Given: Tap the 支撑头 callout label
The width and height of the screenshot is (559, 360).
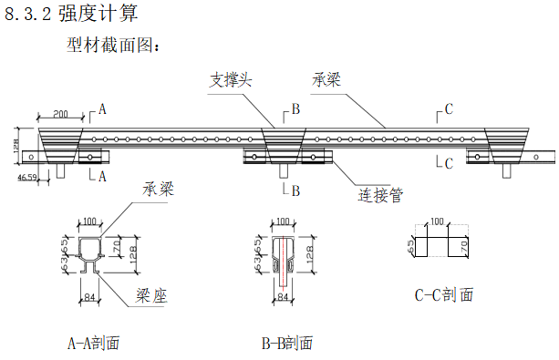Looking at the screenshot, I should pyautogui.click(x=230, y=80).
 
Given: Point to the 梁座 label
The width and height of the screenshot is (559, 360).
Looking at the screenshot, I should pyautogui.click(x=154, y=295).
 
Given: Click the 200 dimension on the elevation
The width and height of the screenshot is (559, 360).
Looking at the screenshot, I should pyautogui.click(x=61, y=114).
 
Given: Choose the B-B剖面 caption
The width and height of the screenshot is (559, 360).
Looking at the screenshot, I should pyautogui.click(x=286, y=344).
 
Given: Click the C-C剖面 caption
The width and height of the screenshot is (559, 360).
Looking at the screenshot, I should pyautogui.click(x=443, y=295).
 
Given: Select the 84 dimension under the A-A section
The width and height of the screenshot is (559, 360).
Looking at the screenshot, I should pyautogui.click(x=90, y=296).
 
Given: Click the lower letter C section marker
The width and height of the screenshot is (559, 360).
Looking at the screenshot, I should pyautogui.click(x=448, y=163).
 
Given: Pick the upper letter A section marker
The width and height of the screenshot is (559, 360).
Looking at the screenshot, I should pyautogui.click(x=101, y=109).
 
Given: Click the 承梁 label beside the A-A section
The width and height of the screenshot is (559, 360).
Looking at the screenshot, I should pyautogui.click(x=159, y=190).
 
